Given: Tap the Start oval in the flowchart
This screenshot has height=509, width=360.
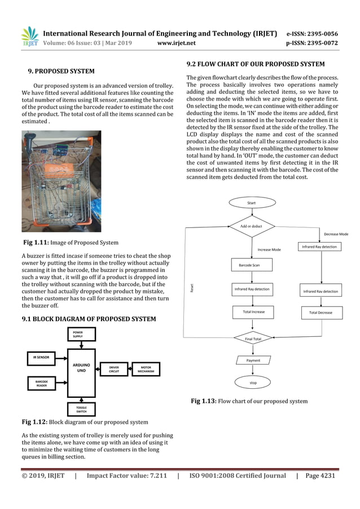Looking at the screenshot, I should click(x=251, y=203).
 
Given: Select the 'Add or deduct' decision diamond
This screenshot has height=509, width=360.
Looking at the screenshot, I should click(x=252, y=226).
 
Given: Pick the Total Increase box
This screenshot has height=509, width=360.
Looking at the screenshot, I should click(x=253, y=311).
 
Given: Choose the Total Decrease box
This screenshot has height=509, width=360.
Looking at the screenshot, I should click(x=321, y=313).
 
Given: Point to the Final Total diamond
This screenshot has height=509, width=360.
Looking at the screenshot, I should click(x=253, y=339).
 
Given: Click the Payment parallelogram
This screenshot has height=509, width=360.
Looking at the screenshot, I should click(x=253, y=359).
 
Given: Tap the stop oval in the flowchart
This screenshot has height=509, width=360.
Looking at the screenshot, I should click(x=253, y=383).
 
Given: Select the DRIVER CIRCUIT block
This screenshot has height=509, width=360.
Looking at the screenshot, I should click(x=113, y=369).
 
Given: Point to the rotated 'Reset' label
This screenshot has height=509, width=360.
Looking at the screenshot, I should click(x=192, y=288).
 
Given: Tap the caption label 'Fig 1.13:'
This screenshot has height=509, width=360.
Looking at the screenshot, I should click(x=203, y=401).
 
